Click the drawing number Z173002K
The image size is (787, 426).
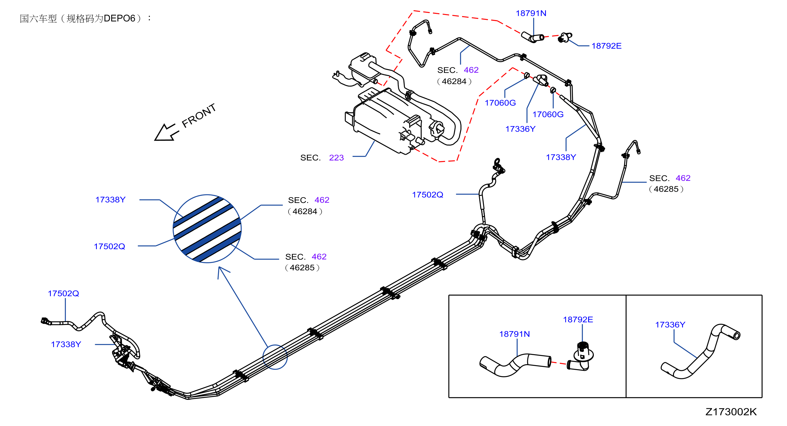(x=731, y=412)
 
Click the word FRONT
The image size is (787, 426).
(x=199, y=115)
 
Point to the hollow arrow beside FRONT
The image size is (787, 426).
(x=166, y=132)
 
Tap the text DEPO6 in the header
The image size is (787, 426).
(x=119, y=18)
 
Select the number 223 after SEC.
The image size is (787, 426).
(x=336, y=158)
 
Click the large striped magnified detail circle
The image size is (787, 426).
(x=207, y=229)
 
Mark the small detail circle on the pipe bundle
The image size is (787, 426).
(x=275, y=357)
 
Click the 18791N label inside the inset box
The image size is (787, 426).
(x=515, y=334)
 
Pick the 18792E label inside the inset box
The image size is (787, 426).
(x=578, y=319)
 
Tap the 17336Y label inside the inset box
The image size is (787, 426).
(x=670, y=325)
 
